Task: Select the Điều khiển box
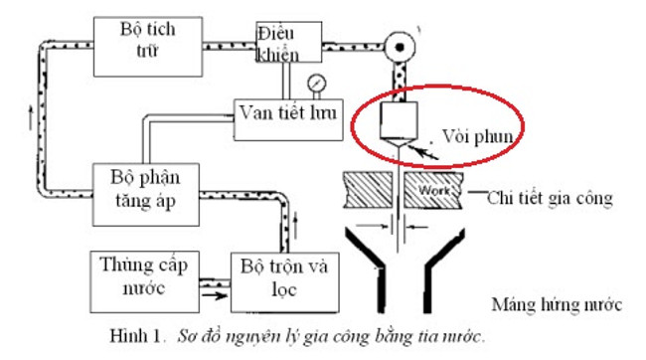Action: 287,42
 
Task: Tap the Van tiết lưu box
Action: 283,110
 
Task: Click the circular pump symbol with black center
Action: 403,45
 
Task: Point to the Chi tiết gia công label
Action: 550,198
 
